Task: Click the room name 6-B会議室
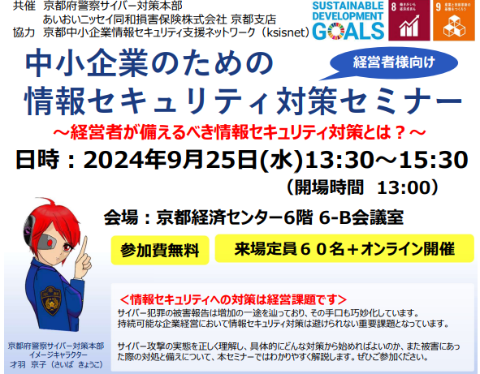pos(354,217)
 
